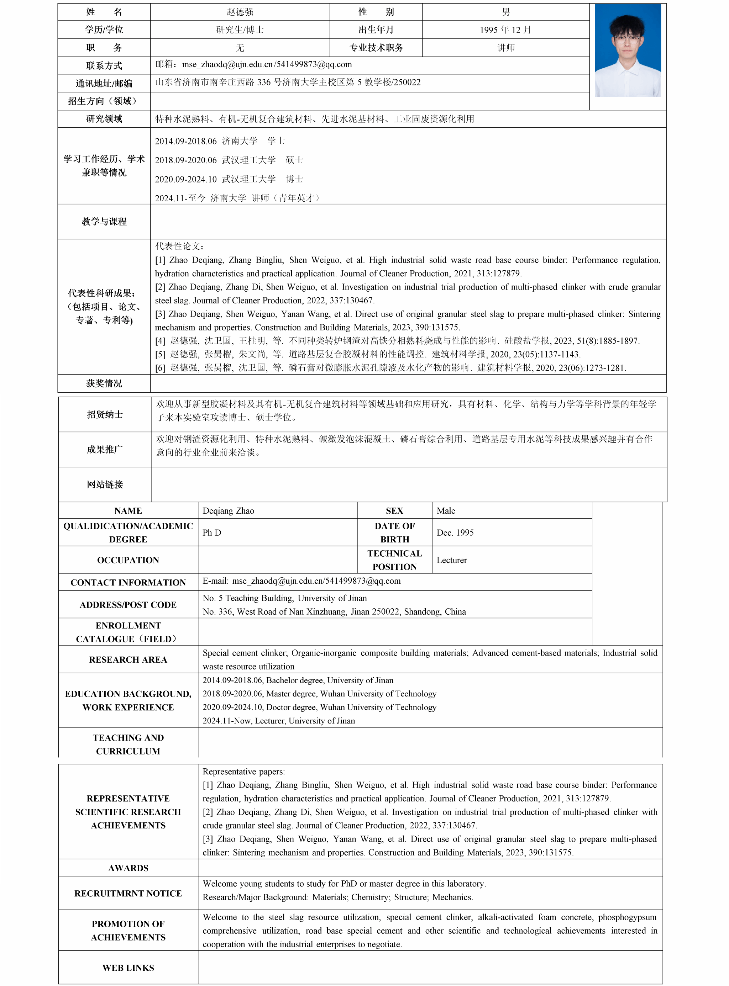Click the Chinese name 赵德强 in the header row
click(240, 12)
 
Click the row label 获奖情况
click(104, 383)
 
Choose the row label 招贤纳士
click(105, 414)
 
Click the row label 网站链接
click(105, 484)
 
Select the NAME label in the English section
click(128, 511)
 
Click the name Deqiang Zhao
click(228, 511)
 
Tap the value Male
click(446, 511)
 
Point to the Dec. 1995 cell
click(455, 533)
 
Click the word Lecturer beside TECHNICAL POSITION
click(451, 560)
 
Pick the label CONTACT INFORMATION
click(128, 583)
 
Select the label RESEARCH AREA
click(128, 660)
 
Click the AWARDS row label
click(128, 868)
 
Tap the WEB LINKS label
click(128, 968)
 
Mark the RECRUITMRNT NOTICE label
click(128, 894)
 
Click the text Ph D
click(212, 533)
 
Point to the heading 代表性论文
click(179, 246)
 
